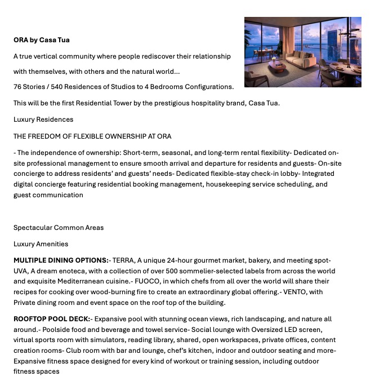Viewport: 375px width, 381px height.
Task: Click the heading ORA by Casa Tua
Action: click(x=42, y=40)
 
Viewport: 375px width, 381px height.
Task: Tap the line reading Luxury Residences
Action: click(x=43, y=119)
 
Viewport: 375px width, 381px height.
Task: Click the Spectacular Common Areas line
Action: click(x=59, y=228)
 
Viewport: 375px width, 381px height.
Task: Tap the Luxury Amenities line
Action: click(x=41, y=244)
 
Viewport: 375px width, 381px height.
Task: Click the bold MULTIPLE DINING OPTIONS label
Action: click(x=61, y=260)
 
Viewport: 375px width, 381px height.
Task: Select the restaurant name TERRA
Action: click(x=123, y=260)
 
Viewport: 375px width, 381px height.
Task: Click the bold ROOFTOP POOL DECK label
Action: click(x=52, y=319)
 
